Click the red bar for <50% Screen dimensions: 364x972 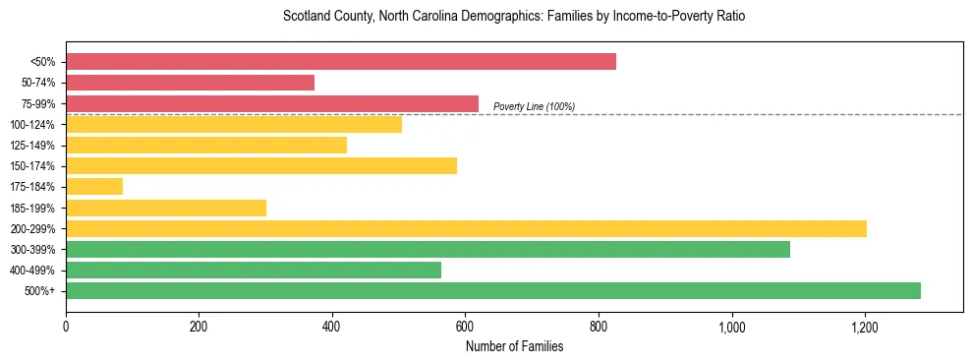[x=341, y=61]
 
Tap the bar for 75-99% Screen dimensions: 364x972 [x=272, y=103]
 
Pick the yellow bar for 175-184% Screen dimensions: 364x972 [x=94, y=186]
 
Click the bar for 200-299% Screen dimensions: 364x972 [x=466, y=228]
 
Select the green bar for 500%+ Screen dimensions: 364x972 [x=493, y=290]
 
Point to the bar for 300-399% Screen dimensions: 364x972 [x=428, y=249]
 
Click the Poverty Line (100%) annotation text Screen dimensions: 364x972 [x=534, y=106]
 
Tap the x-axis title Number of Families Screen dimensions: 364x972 [x=514, y=346]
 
